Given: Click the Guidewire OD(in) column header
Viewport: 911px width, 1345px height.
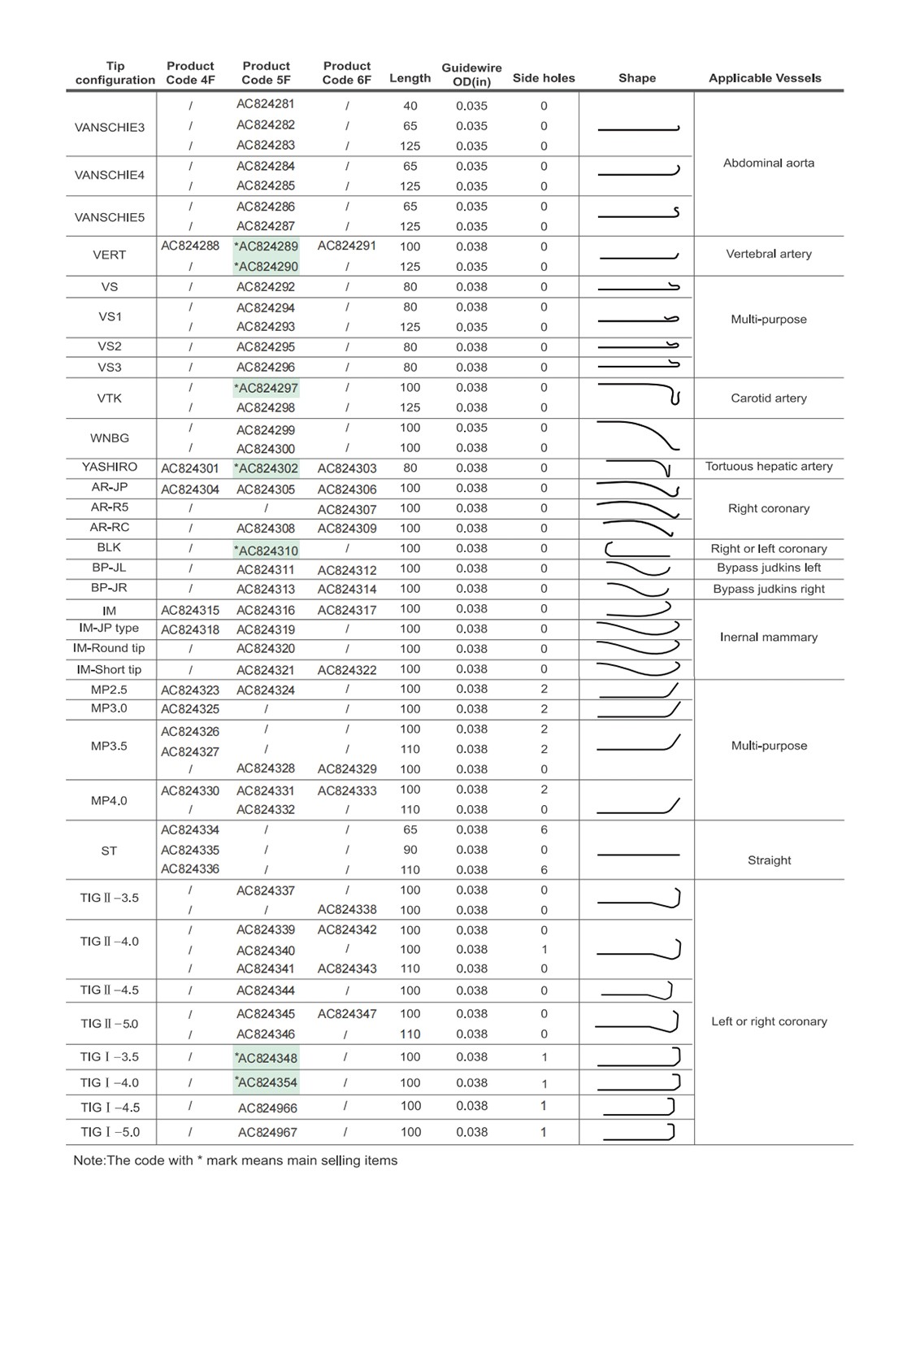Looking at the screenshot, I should coord(471,74).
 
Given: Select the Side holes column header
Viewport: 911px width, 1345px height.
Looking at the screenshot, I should coord(544,78).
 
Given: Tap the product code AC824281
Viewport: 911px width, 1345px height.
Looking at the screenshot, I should coord(266,104).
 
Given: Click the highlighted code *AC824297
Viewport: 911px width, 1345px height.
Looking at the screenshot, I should coord(266,388).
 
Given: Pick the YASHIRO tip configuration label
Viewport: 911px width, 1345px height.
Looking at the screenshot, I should coord(110,467).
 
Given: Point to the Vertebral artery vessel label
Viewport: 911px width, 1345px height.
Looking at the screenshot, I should coord(769,254).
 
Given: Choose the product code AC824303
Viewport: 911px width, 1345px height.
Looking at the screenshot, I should coord(347,468).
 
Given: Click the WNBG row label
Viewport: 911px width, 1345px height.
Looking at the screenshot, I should coord(110,437).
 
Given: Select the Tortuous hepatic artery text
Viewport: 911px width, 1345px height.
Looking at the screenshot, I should coord(769,466).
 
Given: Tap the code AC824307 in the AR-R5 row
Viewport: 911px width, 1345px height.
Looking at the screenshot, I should coord(347,509).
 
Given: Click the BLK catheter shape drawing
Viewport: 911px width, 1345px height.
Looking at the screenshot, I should coord(637,549).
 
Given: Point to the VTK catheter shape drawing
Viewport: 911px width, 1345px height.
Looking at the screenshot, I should coord(639,392).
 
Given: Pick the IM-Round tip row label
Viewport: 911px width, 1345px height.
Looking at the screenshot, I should coord(109,648).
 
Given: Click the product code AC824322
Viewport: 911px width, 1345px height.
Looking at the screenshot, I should coord(347,670).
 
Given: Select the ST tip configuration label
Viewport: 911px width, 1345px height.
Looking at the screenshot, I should coord(109,851).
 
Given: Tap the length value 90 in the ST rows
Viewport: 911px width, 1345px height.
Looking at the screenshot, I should coord(410,850).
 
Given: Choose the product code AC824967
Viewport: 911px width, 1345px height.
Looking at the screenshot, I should coord(267,1132).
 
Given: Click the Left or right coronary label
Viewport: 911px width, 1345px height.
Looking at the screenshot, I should coord(769,1021).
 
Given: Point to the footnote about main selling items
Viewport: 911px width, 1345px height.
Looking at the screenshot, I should coord(236,1160).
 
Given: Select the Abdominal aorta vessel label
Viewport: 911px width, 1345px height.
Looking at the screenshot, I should coord(769,163).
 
